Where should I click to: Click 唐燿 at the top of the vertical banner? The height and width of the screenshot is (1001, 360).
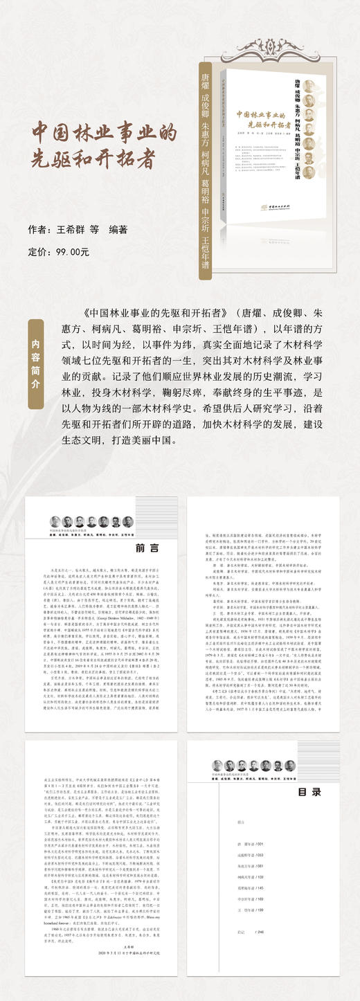[204, 80]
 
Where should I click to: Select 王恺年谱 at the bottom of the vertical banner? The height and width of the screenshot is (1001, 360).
[204, 246]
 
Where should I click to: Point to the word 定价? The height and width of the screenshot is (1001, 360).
[38, 252]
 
